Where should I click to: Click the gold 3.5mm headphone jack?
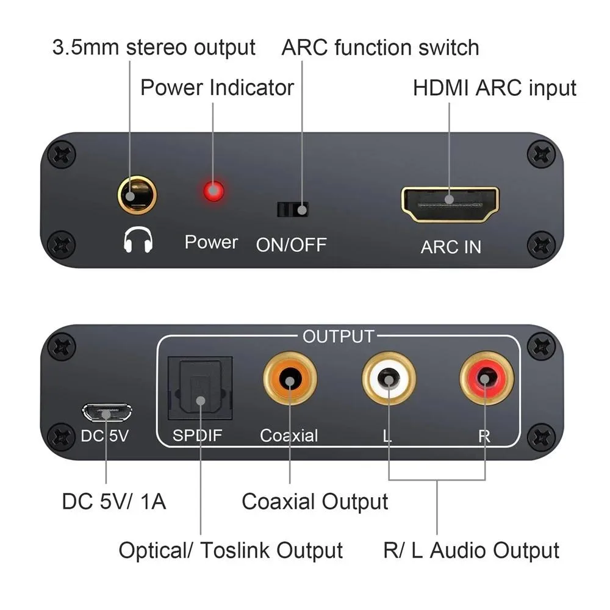coord(137,195)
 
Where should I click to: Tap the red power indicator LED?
coord(213,191)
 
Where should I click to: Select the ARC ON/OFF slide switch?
coord(293,210)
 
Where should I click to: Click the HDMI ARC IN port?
coord(450,204)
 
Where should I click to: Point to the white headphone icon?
coord(138,240)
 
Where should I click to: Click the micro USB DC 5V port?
coord(107,413)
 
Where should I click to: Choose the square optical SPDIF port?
coord(200,388)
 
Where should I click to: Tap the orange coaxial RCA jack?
coord(290,379)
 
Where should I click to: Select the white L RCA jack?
coord(389,379)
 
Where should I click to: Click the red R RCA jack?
coord(486,379)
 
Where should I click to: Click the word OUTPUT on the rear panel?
coord(338,337)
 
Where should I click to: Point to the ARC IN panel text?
coord(451,247)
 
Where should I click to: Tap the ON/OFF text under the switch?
coord(291,245)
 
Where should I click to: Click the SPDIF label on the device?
coord(197,436)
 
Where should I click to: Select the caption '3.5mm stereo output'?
coord(154,48)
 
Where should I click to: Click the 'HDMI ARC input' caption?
coord(495,88)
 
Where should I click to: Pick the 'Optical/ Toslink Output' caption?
coord(231,550)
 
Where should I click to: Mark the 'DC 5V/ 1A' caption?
coord(114,501)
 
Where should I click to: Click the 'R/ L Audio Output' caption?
coord(471,550)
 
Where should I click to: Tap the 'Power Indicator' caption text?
coord(217,87)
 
